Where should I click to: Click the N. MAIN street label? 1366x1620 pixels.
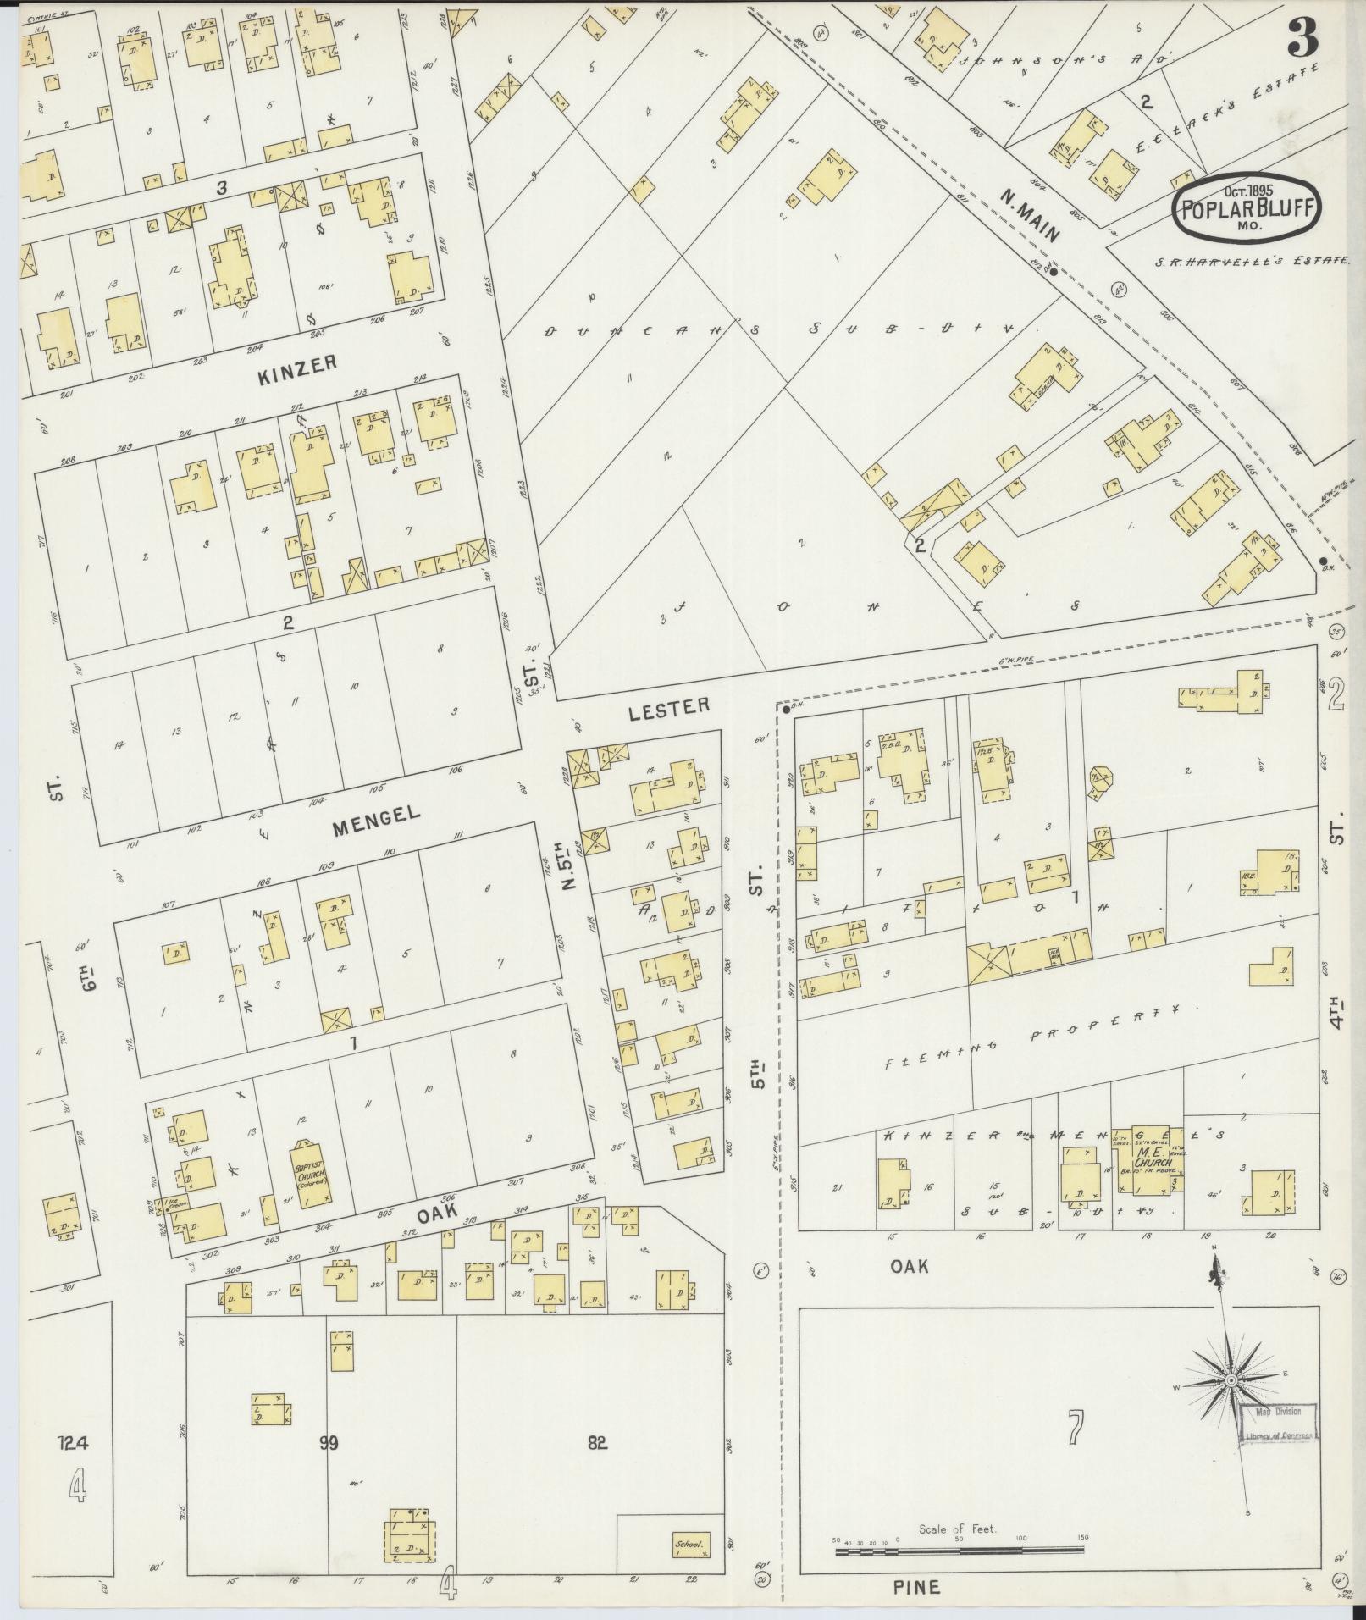(x=1029, y=216)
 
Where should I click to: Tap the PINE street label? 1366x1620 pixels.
(x=917, y=1586)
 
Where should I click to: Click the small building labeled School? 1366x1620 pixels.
(x=689, y=1544)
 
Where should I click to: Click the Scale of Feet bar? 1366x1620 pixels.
(x=959, y=1551)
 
